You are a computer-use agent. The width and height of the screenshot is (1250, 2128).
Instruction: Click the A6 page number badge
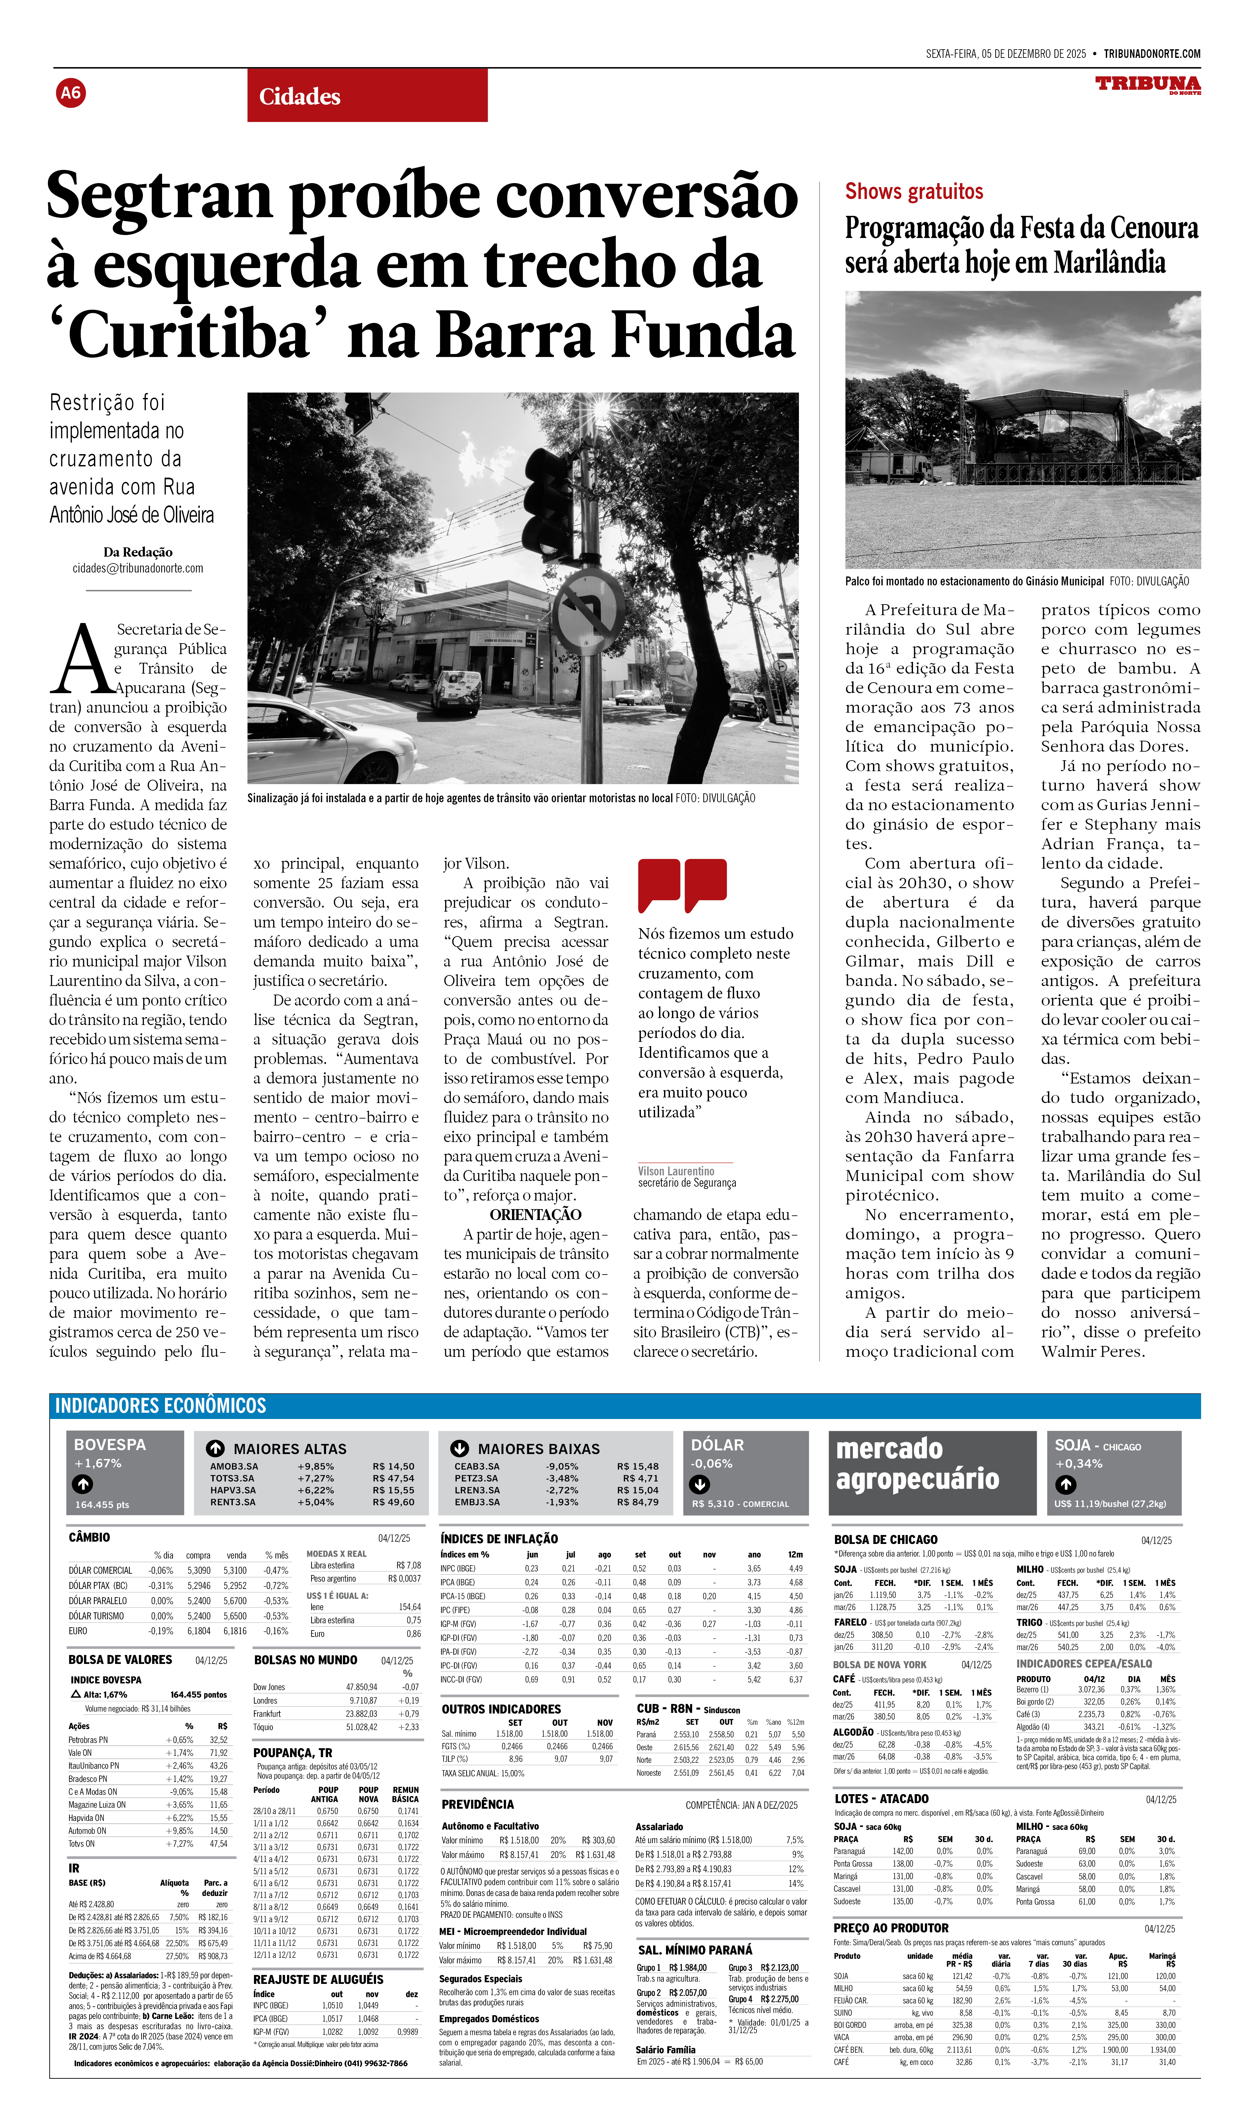[x=71, y=93]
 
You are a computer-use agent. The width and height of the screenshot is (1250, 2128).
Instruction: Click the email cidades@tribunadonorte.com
[x=138, y=568]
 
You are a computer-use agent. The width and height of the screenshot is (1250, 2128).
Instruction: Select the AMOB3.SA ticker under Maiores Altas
[x=234, y=1467]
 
